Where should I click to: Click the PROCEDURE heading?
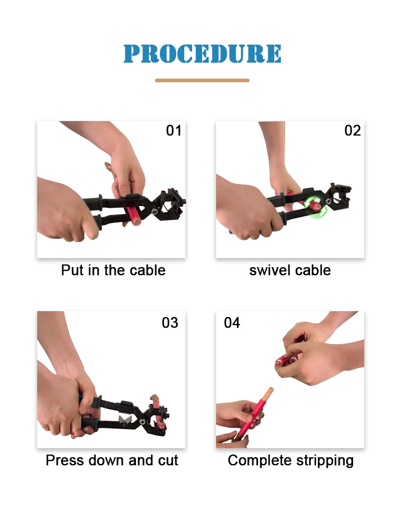(202, 54)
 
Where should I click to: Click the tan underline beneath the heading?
(202, 81)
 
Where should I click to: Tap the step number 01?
(174, 131)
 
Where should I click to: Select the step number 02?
(353, 131)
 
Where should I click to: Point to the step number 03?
(170, 323)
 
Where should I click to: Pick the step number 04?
(232, 323)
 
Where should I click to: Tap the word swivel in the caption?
(270, 271)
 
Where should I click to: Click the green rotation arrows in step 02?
(315, 207)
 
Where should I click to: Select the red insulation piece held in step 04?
(284, 361)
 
